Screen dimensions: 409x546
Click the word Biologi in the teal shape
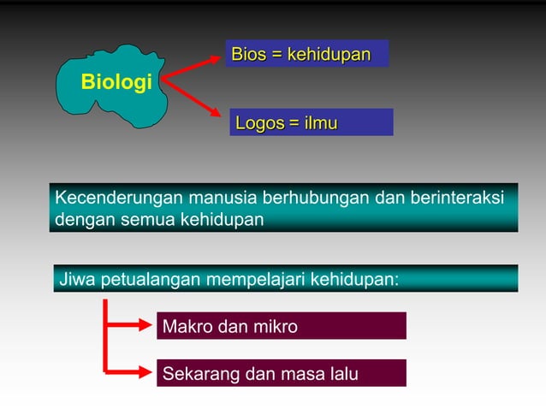[116, 83]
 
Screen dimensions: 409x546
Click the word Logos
[260, 124]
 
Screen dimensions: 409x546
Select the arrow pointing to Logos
[197, 101]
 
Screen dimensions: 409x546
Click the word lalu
[343, 374]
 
